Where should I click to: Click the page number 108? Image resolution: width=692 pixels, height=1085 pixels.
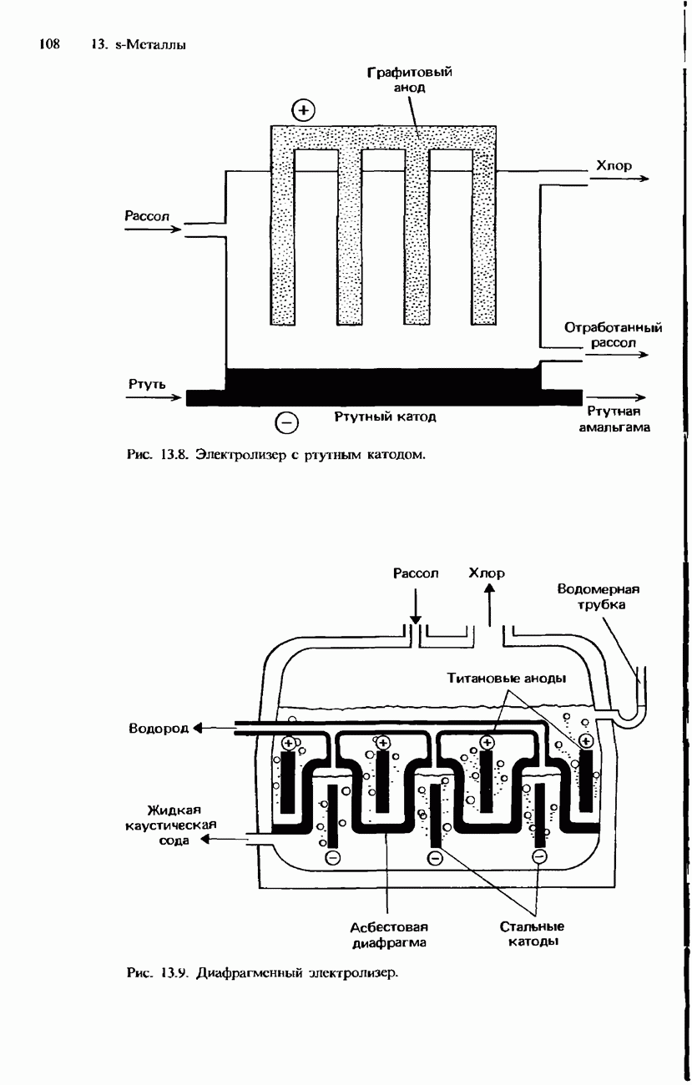pos(49,44)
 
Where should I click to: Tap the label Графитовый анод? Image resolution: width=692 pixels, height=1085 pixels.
pos(410,79)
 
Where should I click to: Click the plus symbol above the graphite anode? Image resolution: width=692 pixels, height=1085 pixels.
pos(303,111)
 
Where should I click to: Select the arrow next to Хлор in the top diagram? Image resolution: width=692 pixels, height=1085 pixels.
pos(619,179)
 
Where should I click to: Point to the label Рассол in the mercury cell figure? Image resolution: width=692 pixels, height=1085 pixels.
pos(147,215)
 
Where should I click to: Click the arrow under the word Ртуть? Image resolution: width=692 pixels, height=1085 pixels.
pos(153,397)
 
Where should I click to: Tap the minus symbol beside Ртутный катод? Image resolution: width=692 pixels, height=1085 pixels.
pos(286,423)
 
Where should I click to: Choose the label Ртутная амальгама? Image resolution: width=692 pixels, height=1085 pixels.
pos(614,419)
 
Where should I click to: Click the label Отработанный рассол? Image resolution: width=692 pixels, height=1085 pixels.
pos(613,336)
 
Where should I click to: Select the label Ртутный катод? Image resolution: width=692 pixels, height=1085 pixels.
pos(386,416)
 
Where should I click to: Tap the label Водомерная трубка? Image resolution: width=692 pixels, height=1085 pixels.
pos(598,597)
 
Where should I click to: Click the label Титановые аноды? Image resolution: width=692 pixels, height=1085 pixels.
pos(507,678)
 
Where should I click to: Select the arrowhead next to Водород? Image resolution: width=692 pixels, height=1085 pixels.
pos(197,728)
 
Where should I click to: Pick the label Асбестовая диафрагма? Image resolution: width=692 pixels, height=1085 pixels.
pos(389,936)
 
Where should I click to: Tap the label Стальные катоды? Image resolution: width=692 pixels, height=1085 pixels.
pos(532,934)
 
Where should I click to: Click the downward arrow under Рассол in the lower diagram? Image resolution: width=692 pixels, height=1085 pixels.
pos(416,606)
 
